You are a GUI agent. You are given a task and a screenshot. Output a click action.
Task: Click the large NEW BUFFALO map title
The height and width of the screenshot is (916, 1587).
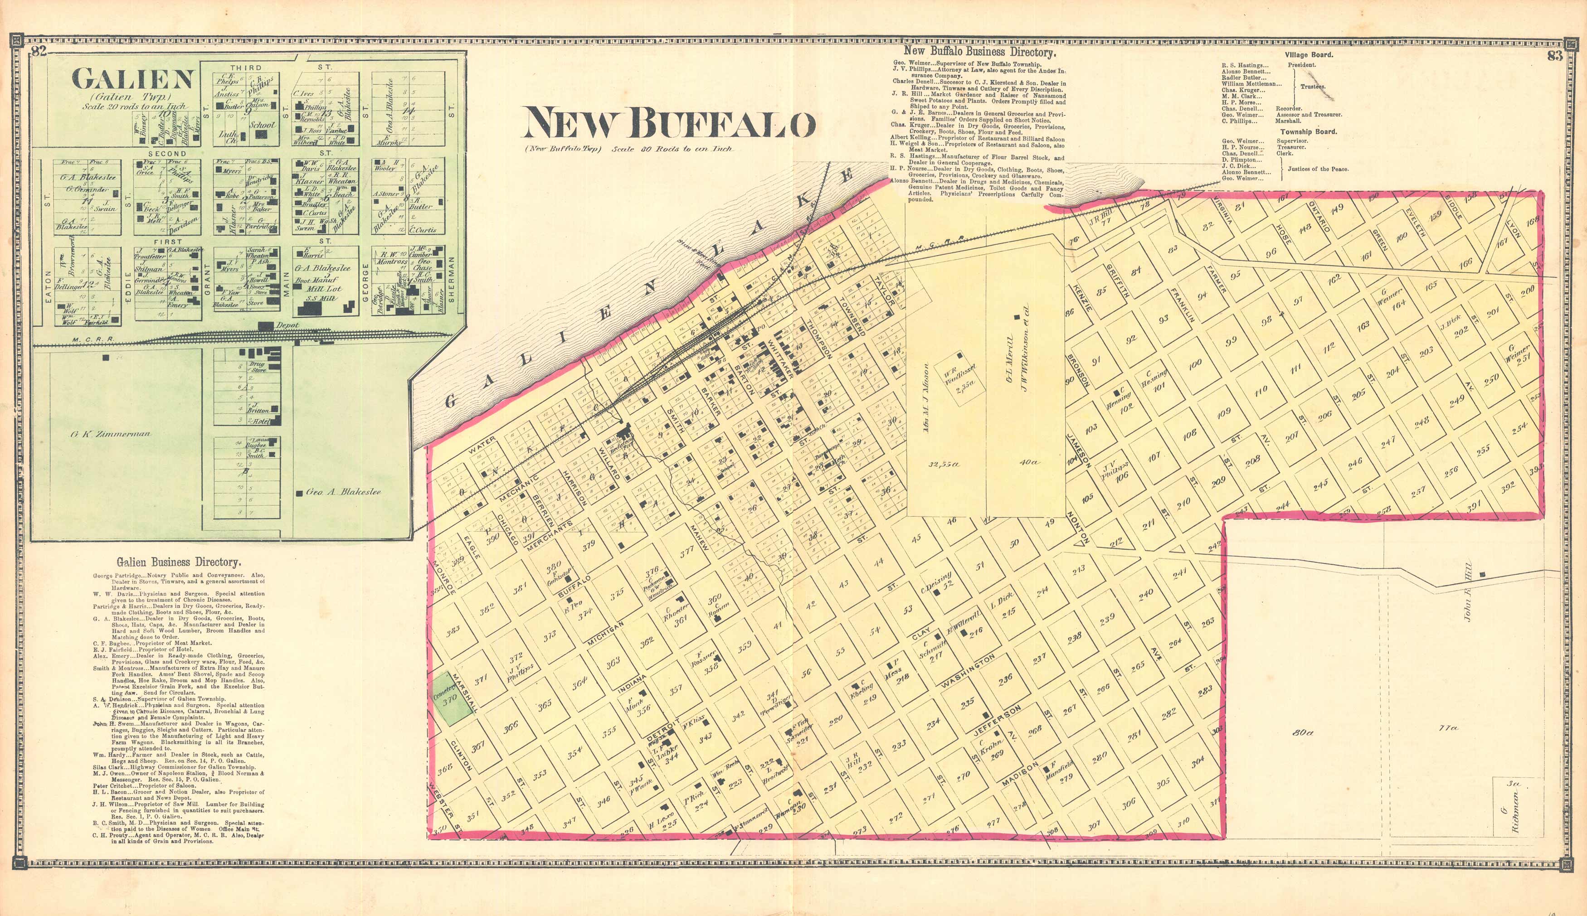pyautogui.click(x=669, y=123)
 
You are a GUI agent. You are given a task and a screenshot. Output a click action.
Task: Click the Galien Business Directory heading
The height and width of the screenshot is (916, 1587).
pyautogui.click(x=179, y=562)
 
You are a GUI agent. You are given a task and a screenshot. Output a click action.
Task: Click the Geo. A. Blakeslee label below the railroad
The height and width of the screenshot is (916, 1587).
pyautogui.click(x=343, y=492)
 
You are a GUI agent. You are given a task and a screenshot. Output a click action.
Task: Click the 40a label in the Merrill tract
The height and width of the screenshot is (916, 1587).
pyautogui.click(x=1027, y=462)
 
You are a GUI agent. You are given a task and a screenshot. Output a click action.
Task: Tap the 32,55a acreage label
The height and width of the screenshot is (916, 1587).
pyautogui.click(x=943, y=464)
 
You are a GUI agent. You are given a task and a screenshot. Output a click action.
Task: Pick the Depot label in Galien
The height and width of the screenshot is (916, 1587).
pyautogui.click(x=287, y=325)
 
